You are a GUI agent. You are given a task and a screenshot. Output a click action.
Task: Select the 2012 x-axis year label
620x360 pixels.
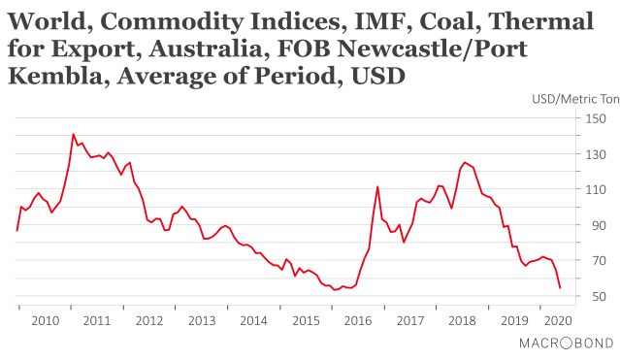tap(148, 319)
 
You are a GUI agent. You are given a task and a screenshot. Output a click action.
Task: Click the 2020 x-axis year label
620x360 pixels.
tap(557, 319)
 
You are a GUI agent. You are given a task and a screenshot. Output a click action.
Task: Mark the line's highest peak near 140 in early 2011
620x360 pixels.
tap(74, 134)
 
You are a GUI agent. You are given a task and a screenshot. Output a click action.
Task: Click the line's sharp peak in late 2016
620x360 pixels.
tap(376, 186)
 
